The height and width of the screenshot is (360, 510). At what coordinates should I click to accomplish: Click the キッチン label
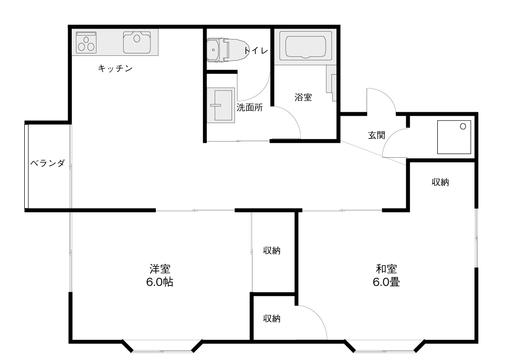(x=115, y=68)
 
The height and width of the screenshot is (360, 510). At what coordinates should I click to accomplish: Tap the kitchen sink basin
(x=137, y=42)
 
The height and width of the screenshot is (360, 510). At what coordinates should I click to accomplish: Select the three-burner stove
(x=86, y=43)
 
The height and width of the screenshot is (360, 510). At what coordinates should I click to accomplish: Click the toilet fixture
(x=228, y=50)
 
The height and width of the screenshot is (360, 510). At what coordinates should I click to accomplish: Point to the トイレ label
(x=256, y=50)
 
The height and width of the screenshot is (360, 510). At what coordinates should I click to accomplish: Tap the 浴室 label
(x=303, y=97)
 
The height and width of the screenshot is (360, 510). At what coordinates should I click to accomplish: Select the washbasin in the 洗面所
(x=221, y=105)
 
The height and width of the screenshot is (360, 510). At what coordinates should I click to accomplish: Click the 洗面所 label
(x=250, y=108)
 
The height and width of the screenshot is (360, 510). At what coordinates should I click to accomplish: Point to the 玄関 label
(x=376, y=135)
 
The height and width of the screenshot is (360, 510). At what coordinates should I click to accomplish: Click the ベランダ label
(x=47, y=163)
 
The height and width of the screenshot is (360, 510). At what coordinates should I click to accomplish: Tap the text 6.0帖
(x=159, y=282)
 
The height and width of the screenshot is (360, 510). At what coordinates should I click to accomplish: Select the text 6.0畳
(x=386, y=282)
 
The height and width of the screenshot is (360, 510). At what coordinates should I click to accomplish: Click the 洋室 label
(x=160, y=269)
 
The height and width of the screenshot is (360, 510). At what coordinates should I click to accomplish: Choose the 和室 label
(x=386, y=269)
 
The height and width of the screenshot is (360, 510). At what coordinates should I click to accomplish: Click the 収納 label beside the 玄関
(x=440, y=182)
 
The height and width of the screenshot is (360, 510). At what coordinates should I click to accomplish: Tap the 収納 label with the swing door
(x=272, y=318)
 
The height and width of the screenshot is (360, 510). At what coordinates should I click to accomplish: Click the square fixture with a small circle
(x=454, y=137)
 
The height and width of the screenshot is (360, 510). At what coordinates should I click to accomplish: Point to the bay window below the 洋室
(x=162, y=347)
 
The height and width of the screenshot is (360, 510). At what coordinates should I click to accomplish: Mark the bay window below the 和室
(x=385, y=347)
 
